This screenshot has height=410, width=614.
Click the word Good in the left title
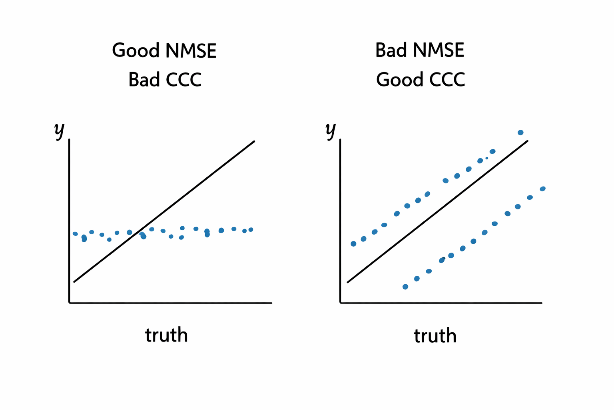pyautogui.click(x=136, y=51)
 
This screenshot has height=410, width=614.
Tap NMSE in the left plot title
pyautogui.click(x=191, y=51)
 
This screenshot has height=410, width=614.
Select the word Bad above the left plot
pyautogui.click(x=144, y=80)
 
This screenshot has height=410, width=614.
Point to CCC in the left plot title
pyautogui.click(x=183, y=80)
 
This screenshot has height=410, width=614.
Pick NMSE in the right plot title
pyautogui.click(x=439, y=50)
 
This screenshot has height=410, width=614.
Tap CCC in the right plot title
pyautogui.click(x=447, y=80)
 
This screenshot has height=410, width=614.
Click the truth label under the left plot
pyautogui.click(x=166, y=335)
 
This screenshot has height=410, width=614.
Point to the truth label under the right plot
pyautogui.click(x=435, y=336)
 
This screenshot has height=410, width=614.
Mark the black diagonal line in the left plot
pyautogui.click(x=164, y=211)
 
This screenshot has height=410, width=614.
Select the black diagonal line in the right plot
pyautogui.click(x=438, y=211)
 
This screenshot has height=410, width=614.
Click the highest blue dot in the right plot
pyautogui.click(x=520, y=133)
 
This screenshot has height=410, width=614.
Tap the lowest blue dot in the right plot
pyautogui.click(x=405, y=287)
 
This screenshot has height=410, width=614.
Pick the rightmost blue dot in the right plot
pyautogui.click(x=542, y=189)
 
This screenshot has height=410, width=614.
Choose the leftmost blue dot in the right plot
pyautogui.click(x=353, y=244)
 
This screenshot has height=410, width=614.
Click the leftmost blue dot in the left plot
pyautogui.click(x=75, y=234)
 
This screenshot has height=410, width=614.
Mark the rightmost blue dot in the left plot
pyautogui.click(x=251, y=229)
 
